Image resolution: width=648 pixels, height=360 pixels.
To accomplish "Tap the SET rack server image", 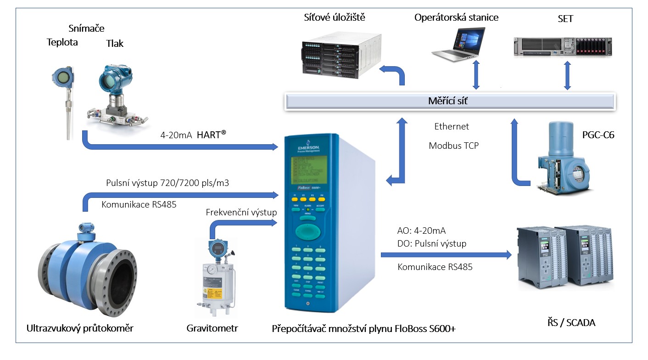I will point(562,46).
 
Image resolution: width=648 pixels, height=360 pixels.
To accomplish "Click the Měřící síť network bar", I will point(450,101).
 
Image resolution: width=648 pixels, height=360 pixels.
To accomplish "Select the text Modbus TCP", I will point(453,146).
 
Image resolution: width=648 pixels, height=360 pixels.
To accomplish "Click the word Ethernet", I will point(452,126).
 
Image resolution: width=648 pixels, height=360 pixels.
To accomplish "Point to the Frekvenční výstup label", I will point(241,212).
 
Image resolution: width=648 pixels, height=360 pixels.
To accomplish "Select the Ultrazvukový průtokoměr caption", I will point(80,328).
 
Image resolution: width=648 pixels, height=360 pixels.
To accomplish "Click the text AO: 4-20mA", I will point(421,231).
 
